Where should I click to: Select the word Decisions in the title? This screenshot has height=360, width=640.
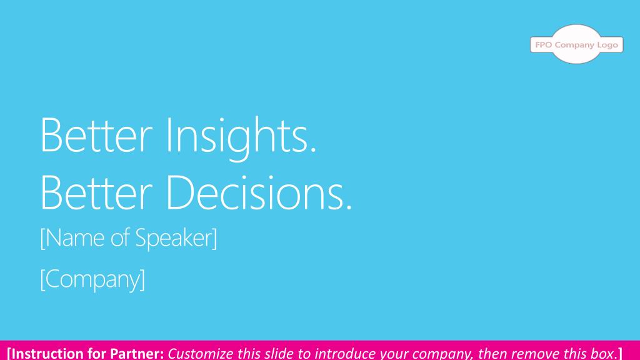(x=259, y=192)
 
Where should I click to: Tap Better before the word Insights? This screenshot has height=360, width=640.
(x=96, y=135)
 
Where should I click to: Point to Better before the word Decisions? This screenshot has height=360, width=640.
(x=96, y=192)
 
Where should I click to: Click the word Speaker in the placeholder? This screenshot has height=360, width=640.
(x=176, y=238)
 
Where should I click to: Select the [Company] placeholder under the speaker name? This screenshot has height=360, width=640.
(x=92, y=279)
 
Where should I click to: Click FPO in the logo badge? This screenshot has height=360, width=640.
(x=544, y=45)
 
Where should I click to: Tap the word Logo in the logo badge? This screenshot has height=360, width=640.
(x=607, y=45)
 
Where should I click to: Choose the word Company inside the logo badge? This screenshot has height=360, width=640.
(x=575, y=45)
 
